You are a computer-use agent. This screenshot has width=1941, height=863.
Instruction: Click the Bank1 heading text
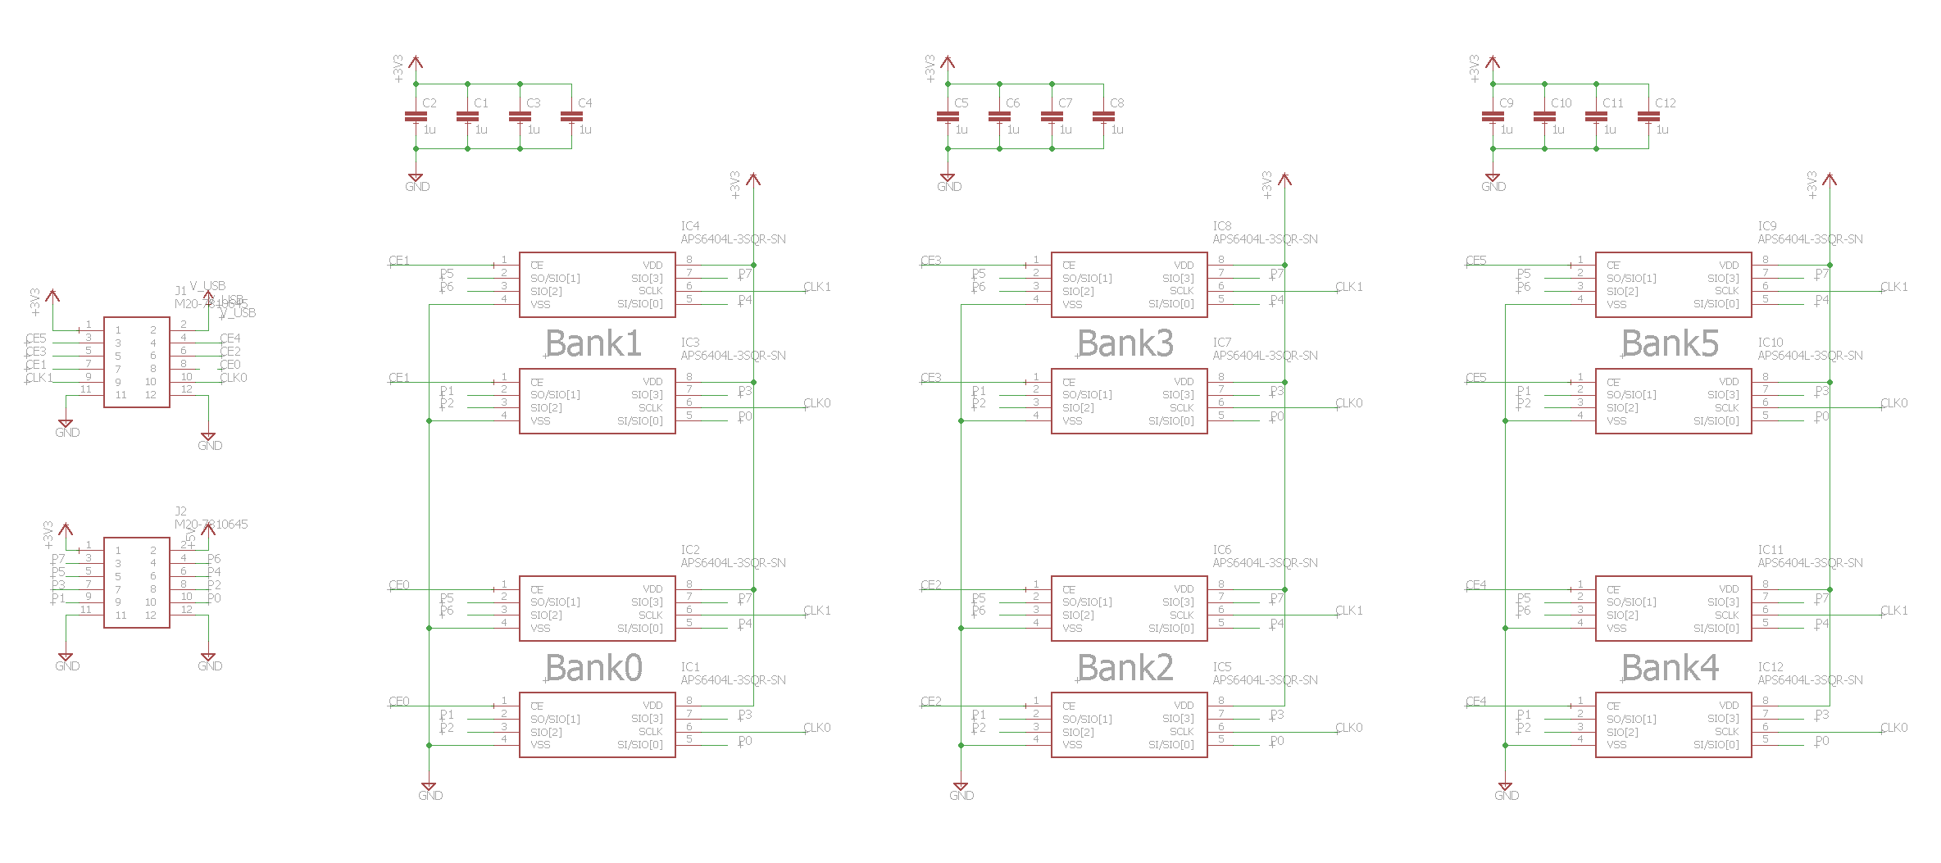[x=593, y=343]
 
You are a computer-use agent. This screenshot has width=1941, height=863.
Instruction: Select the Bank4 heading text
[x=1670, y=668]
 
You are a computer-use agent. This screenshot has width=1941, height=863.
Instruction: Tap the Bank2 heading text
[x=1125, y=668]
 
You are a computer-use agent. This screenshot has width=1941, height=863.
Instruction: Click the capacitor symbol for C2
[x=416, y=116]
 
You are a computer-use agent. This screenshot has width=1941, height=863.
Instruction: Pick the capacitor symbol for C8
[x=1103, y=116]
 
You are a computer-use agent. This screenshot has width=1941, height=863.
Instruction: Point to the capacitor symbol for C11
[x=1596, y=116]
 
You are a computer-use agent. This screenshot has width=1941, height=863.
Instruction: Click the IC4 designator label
[x=690, y=225]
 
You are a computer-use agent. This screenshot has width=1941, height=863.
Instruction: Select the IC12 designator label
[x=1771, y=667]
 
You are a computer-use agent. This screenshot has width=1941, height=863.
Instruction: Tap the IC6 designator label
[x=1222, y=550]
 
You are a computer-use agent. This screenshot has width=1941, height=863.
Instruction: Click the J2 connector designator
[x=180, y=511]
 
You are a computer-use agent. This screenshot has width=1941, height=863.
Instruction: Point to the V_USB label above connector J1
[x=208, y=286]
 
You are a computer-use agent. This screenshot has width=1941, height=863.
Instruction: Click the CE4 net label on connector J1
[x=230, y=338]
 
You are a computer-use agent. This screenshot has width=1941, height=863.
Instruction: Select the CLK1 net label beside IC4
[x=817, y=287]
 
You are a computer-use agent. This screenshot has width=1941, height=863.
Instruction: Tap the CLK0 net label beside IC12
[x=1894, y=728]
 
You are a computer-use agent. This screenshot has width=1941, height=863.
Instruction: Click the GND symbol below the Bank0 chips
[x=429, y=790]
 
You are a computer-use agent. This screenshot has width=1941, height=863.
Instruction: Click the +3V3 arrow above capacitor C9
[x=1493, y=61]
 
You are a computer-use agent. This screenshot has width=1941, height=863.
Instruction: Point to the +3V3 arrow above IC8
[x=1284, y=179]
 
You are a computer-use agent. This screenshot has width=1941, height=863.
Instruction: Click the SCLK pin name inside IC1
[x=651, y=732]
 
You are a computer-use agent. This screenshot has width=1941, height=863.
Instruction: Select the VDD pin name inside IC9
[x=1729, y=266]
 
